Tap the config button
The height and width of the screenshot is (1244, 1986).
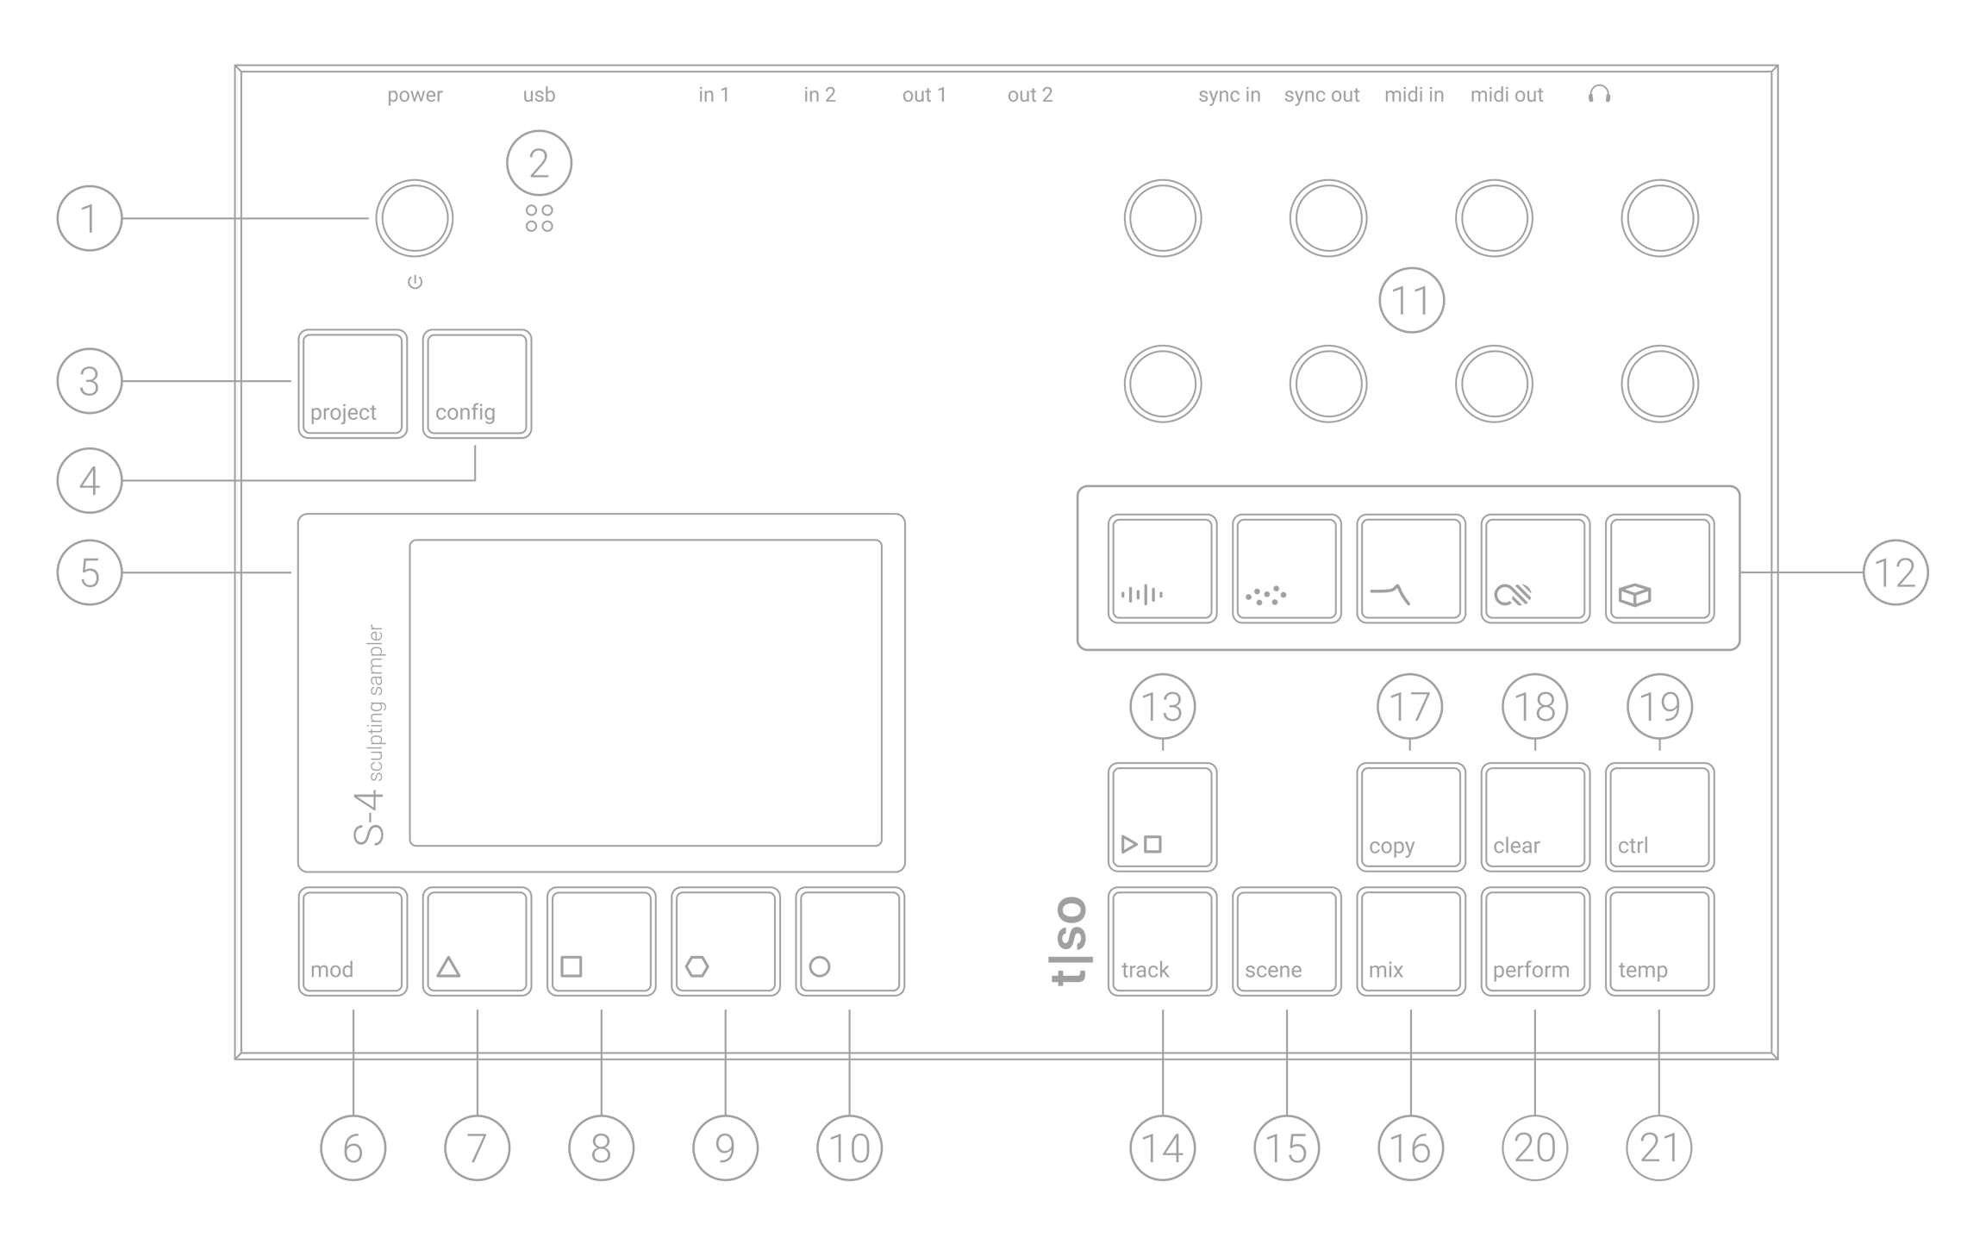pos(477,384)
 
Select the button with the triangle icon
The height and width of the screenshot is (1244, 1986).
pos(477,941)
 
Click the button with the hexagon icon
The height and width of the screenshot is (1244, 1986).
pos(725,941)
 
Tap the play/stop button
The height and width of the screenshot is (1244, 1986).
pos(1162,817)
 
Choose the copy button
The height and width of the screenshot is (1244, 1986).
pos(1410,817)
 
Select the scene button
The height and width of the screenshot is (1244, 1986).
pos(1286,941)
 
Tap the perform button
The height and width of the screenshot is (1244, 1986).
pos(1534,941)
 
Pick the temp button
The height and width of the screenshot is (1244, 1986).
pos(1659,941)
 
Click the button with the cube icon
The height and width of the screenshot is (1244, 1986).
pos(1659,569)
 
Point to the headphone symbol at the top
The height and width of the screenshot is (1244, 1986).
pos(1599,94)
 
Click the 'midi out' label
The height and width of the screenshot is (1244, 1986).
pos(1507,95)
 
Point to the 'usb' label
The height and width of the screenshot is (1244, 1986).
pos(539,95)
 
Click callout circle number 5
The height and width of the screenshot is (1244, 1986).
pos(90,572)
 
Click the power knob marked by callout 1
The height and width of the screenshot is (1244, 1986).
pos(415,219)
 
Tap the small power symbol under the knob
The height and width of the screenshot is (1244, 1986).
pos(415,282)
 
